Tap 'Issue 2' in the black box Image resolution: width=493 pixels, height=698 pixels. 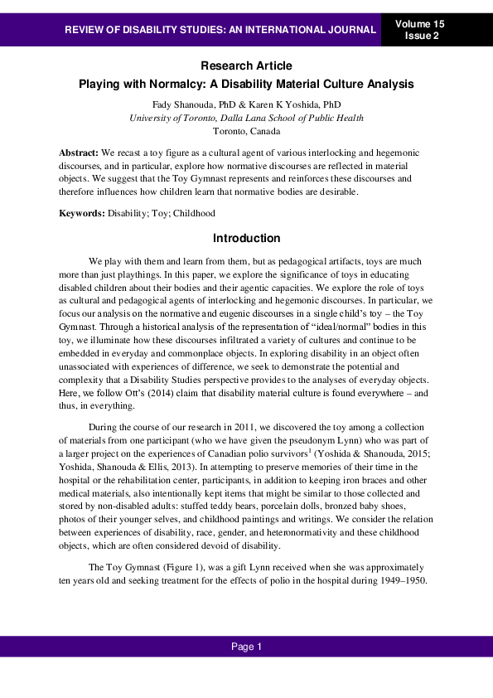[423, 36]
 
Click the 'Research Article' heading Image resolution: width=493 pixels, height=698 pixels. [246, 65]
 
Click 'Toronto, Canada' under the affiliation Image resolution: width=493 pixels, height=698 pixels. [246, 131]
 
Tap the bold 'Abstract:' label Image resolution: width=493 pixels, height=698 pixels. [78, 153]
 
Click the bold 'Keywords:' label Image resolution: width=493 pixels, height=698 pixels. [82, 213]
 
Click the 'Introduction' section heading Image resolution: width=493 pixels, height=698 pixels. [246, 239]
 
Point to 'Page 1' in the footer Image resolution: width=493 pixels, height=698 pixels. [246, 647]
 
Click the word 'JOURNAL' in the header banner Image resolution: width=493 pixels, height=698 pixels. [352, 31]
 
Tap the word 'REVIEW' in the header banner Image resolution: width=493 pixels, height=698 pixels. [85, 31]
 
